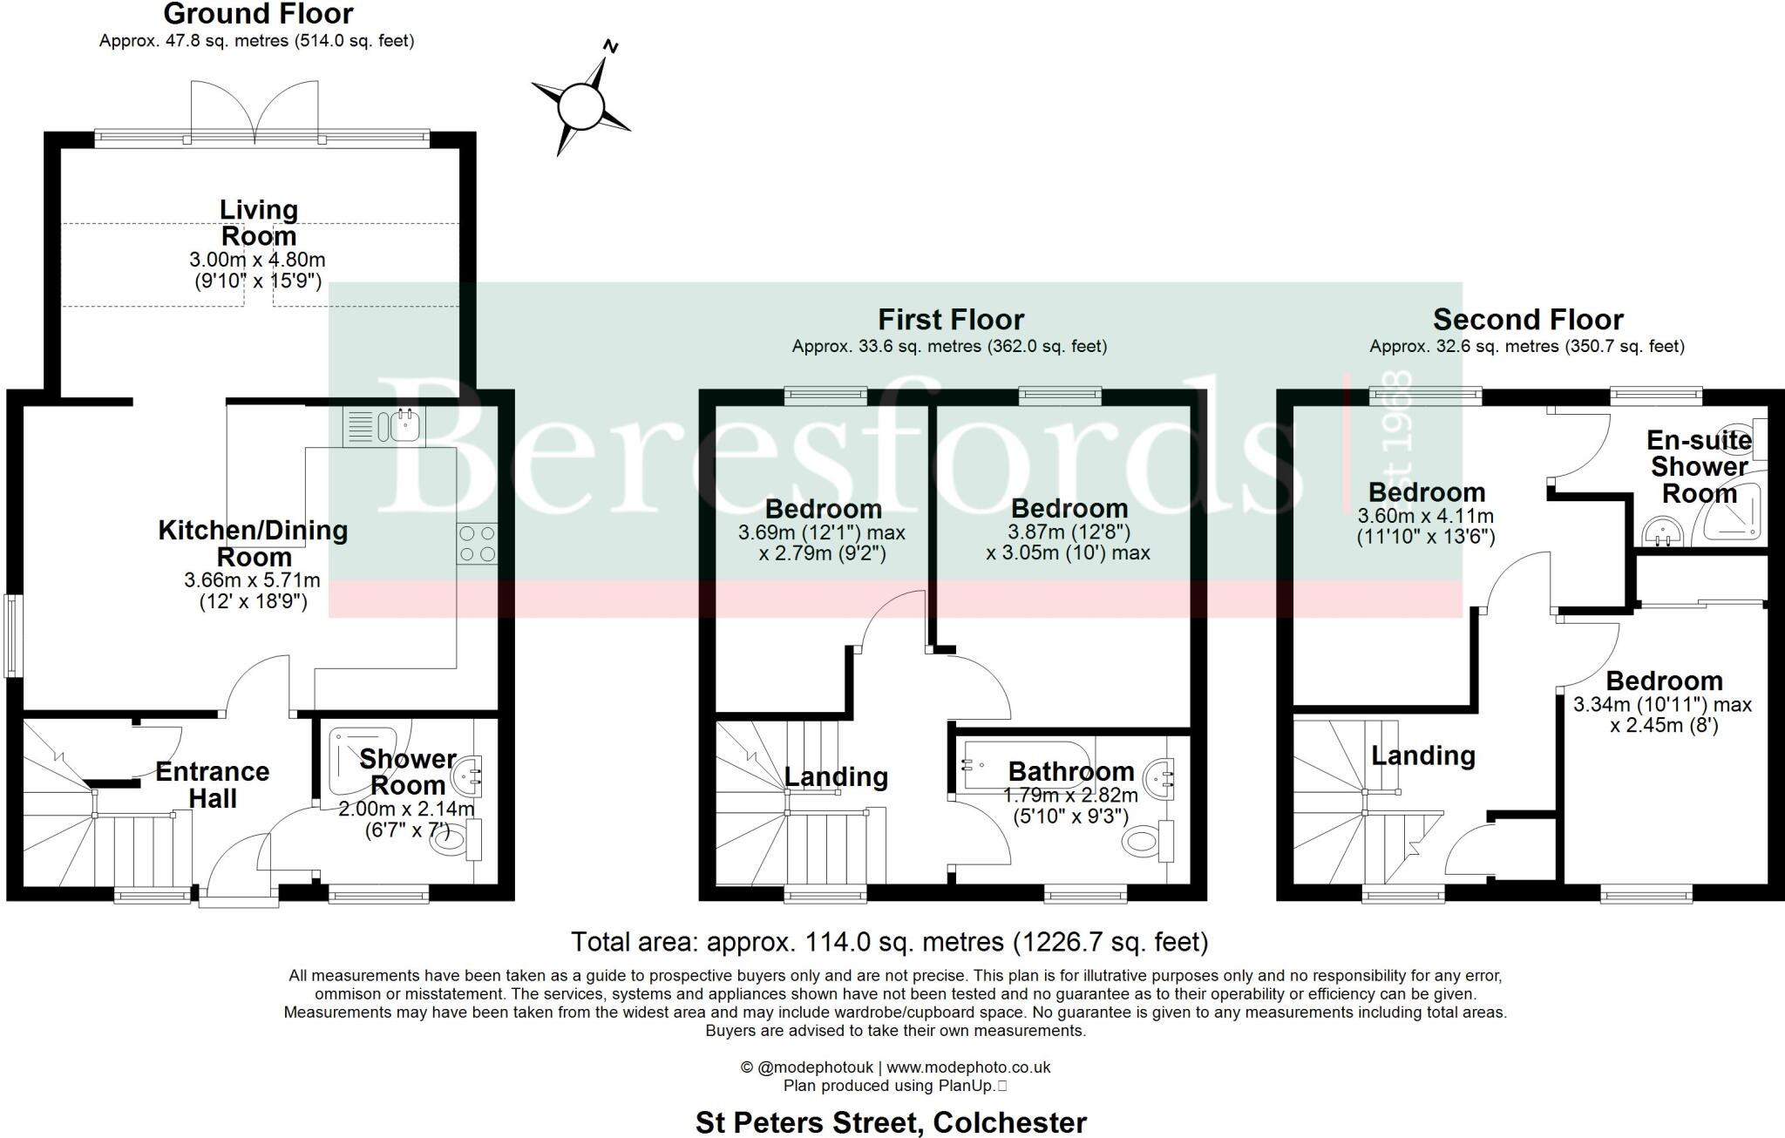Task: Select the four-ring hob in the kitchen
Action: pyautogui.click(x=477, y=542)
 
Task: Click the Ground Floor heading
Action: pyautogui.click(x=258, y=14)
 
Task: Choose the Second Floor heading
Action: pyautogui.click(x=1528, y=319)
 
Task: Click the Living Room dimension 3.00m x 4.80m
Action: pyautogui.click(x=257, y=260)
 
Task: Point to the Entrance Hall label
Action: pyautogui.click(x=213, y=784)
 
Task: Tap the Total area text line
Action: pyautogui.click(x=889, y=942)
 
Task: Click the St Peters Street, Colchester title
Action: pyautogui.click(x=891, y=1122)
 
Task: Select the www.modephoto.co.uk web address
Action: pyautogui.click(x=968, y=1067)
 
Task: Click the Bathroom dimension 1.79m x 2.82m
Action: pyautogui.click(x=1070, y=796)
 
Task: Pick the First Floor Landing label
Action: pyautogui.click(x=836, y=776)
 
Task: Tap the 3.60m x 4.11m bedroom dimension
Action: pyautogui.click(x=1426, y=516)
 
